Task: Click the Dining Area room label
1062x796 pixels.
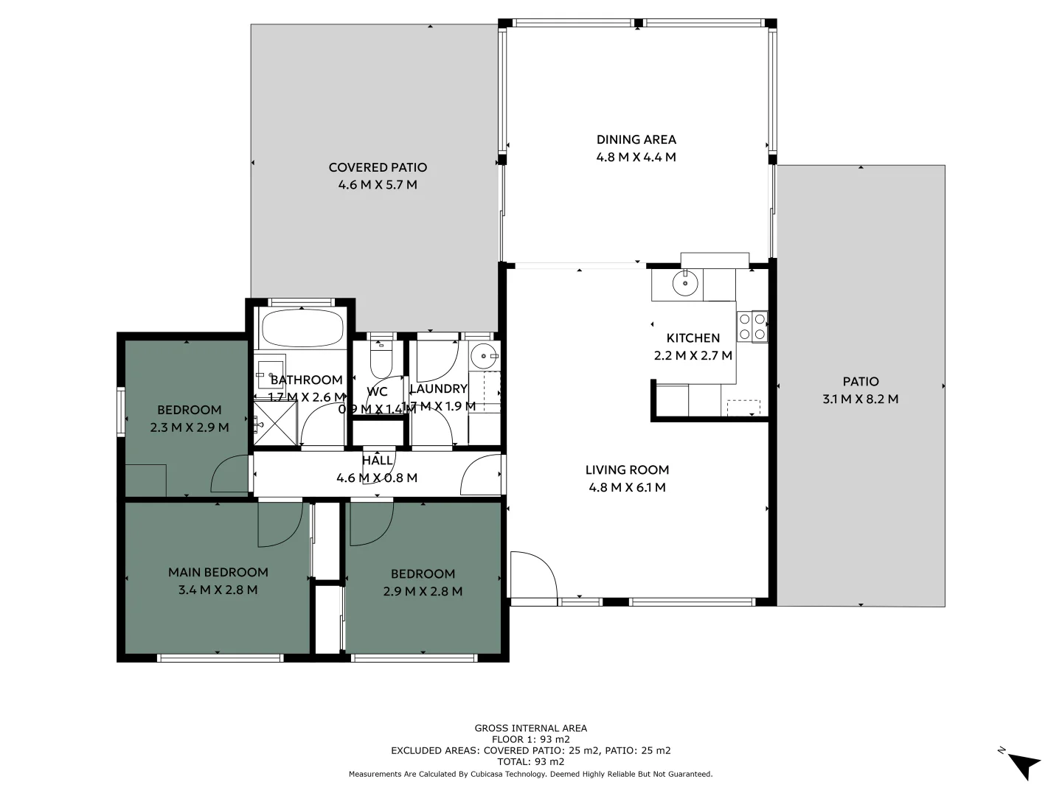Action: click(x=636, y=139)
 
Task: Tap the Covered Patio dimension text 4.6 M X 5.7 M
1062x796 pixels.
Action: click(x=378, y=185)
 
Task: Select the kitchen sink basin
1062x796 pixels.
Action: click(x=685, y=283)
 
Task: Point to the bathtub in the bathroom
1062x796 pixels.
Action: click(x=301, y=328)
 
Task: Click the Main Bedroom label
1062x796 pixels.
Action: click(x=218, y=572)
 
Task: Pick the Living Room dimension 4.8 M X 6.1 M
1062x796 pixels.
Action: click(x=627, y=487)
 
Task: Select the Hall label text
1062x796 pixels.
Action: click(x=377, y=461)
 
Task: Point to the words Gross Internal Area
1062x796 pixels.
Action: click(x=530, y=728)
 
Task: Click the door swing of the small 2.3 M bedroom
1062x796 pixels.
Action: click(x=230, y=475)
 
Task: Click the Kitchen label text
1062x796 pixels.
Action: click(x=693, y=338)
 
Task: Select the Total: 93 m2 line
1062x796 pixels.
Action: click(x=530, y=761)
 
